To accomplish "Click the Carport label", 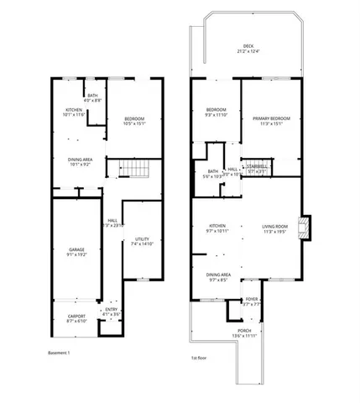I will pyautogui.click(x=76, y=316).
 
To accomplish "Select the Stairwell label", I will pyautogui.click(x=257, y=166).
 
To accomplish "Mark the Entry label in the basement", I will pyautogui.click(x=112, y=310).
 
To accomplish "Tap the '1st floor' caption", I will pyautogui.click(x=200, y=358).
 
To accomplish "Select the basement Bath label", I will pyautogui.click(x=93, y=96).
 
